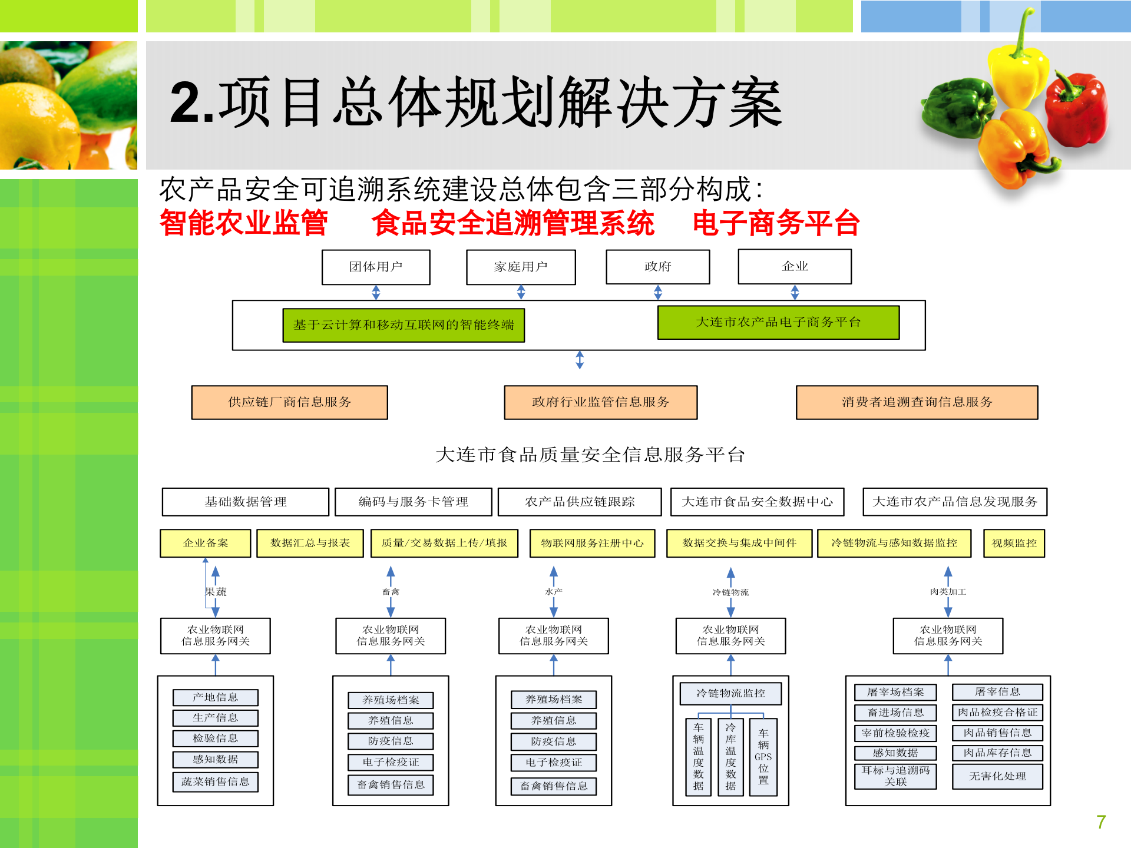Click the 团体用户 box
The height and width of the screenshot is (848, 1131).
376,267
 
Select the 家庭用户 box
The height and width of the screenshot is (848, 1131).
521,267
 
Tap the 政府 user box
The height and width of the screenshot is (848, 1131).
657,267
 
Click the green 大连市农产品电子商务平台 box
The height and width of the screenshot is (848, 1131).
778,322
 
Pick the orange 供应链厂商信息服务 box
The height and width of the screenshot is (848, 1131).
289,402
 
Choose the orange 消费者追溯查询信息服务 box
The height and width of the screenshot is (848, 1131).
917,402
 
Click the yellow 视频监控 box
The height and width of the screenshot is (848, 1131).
1014,543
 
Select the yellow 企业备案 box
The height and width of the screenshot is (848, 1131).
205,543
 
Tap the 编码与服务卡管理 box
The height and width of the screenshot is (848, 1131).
413,502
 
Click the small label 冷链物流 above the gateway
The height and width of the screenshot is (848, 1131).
730,592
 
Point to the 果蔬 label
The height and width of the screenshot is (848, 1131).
216,592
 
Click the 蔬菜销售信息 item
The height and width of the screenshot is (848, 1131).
216,781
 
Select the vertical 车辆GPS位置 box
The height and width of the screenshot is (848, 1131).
763,757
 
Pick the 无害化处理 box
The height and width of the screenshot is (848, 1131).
997,776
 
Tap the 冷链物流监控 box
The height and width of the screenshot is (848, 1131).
730,693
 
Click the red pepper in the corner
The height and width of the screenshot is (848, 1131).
1077,109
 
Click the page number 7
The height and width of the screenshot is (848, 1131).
1101,822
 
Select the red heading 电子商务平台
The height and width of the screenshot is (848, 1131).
776,223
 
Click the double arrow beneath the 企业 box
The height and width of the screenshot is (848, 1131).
795,292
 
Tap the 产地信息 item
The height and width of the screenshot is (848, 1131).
216,697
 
